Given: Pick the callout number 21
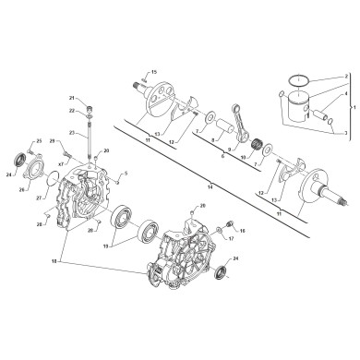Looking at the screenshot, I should tap(71, 97).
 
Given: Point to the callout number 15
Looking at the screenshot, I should tap(155, 71).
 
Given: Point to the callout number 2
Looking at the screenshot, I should tap(346, 76).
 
